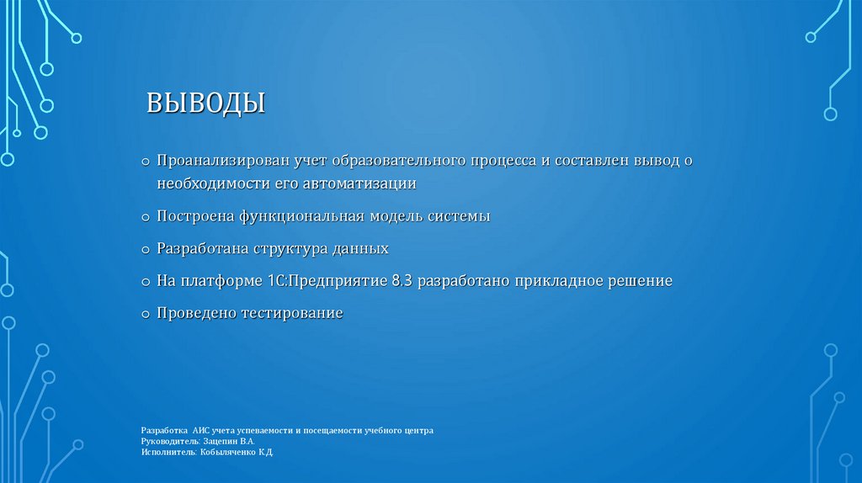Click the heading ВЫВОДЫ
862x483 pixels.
click(206, 103)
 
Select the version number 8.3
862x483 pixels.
click(403, 281)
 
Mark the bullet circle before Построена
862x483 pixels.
click(146, 218)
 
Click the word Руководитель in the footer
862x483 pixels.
click(169, 441)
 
